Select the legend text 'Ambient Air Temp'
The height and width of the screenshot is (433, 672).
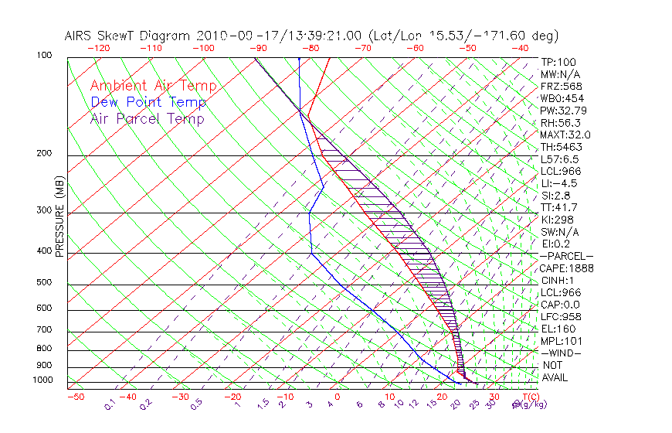click(153, 86)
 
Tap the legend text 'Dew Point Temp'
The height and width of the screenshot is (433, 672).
click(148, 102)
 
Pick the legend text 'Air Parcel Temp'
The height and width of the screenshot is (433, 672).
click(147, 118)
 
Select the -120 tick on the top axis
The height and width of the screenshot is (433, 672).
click(98, 47)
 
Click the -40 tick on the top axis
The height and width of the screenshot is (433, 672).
click(521, 47)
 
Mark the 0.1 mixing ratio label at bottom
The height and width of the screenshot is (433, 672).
click(110, 404)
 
